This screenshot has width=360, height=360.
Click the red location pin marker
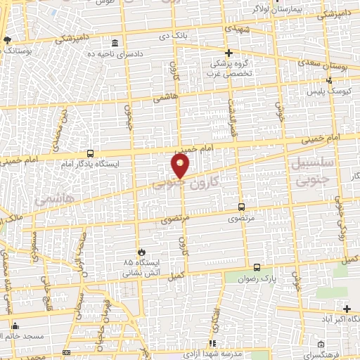(x=180, y=167)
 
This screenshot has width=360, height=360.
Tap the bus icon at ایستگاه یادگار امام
(x=90, y=153)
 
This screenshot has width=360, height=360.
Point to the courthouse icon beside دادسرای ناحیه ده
(x=115, y=43)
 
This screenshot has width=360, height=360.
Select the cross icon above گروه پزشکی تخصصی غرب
(x=229, y=53)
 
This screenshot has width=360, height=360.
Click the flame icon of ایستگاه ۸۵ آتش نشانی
(x=142, y=251)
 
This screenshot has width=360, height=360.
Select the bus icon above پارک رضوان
(x=257, y=267)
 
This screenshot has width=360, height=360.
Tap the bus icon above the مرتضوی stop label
(x=241, y=207)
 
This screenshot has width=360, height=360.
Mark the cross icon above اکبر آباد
(x=347, y=309)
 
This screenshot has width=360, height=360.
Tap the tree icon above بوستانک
(x=7, y=41)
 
